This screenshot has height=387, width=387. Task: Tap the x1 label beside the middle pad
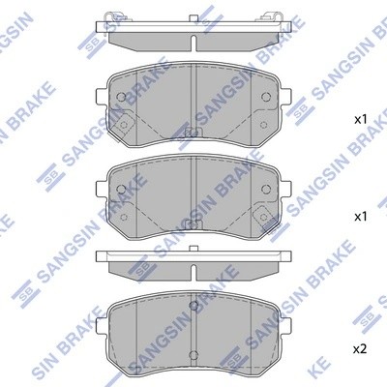point(359,216)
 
